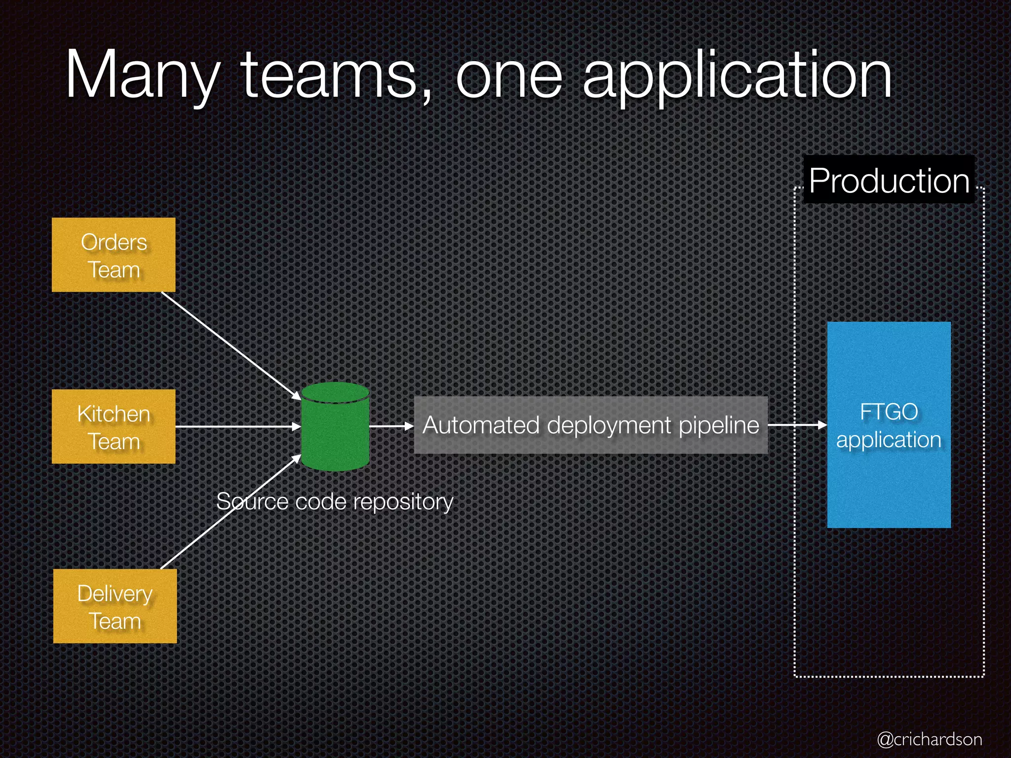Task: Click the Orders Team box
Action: click(114, 255)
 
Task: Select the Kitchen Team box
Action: click(114, 426)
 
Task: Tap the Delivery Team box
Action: click(115, 606)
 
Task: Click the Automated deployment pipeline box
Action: click(590, 425)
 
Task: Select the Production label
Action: click(889, 180)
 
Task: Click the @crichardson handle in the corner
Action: click(930, 739)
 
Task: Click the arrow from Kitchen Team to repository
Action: click(237, 426)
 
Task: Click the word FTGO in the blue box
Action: click(889, 412)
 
